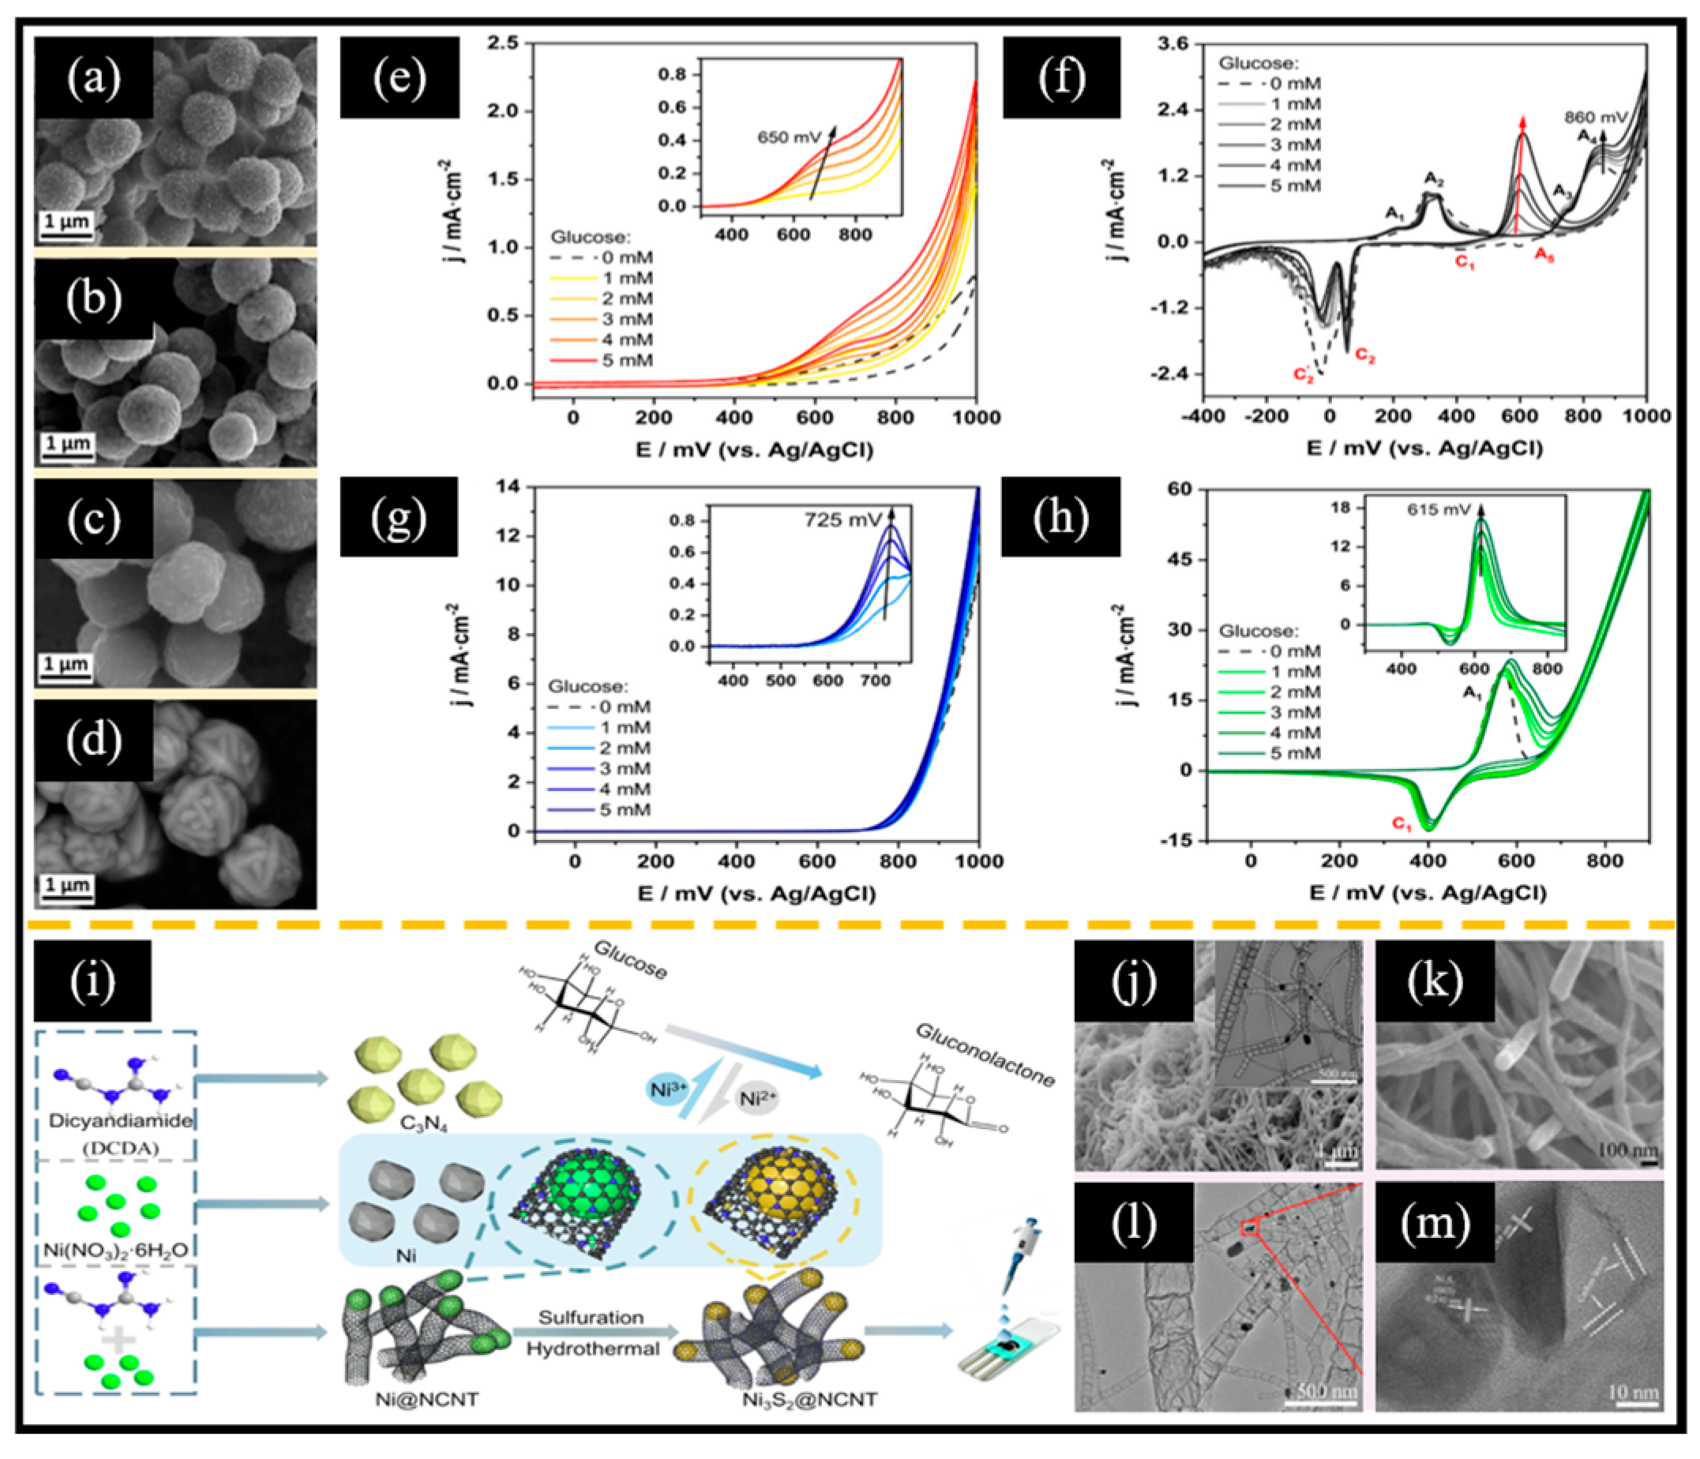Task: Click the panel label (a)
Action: [x=92, y=78]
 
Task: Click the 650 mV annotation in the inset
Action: [x=788, y=137]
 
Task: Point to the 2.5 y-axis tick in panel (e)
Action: [x=502, y=43]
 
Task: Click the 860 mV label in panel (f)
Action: [x=1594, y=118]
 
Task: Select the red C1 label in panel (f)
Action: [x=1465, y=264]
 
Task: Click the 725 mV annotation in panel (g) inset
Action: [x=842, y=519]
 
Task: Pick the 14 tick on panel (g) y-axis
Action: [x=507, y=486]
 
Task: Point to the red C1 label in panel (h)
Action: [x=1402, y=823]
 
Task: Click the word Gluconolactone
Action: [x=985, y=1055]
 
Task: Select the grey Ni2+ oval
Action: [x=756, y=1098]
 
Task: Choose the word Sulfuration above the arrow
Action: [x=591, y=1317]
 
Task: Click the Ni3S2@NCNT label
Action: [x=810, y=1399]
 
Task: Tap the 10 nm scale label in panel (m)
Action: [x=1633, y=1392]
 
